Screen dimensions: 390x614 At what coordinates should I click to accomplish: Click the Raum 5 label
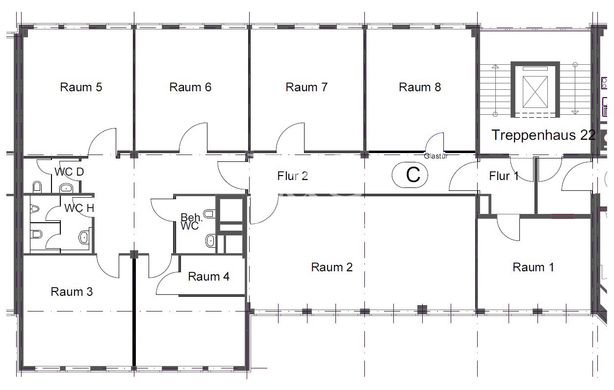point(81,87)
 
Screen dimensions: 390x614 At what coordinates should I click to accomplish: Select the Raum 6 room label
point(190,87)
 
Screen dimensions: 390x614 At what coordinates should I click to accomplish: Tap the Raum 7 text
point(307,87)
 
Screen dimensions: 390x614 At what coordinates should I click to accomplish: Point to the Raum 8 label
point(420,87)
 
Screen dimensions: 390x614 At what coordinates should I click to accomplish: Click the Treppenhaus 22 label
point(543,135)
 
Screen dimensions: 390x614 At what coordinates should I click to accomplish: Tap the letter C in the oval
point(413,175)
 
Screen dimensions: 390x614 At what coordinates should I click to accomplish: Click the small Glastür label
point(435,156)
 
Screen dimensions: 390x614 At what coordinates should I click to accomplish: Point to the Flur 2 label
point(293,176)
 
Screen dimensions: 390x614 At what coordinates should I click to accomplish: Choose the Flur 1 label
point(504,176)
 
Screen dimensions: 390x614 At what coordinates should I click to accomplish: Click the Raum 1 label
point(533,267)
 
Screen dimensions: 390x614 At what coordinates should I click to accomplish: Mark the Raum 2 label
point(332,267)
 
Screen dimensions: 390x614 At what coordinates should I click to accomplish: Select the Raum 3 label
point(72,292)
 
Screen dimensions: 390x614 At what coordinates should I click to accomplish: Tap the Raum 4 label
point(208,277)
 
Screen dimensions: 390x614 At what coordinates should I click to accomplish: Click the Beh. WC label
point(190,222)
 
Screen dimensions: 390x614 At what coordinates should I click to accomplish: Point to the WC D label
point(69,172)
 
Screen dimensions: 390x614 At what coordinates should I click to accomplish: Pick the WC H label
point(79,208)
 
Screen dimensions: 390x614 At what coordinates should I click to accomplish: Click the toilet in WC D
point(37,187)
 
